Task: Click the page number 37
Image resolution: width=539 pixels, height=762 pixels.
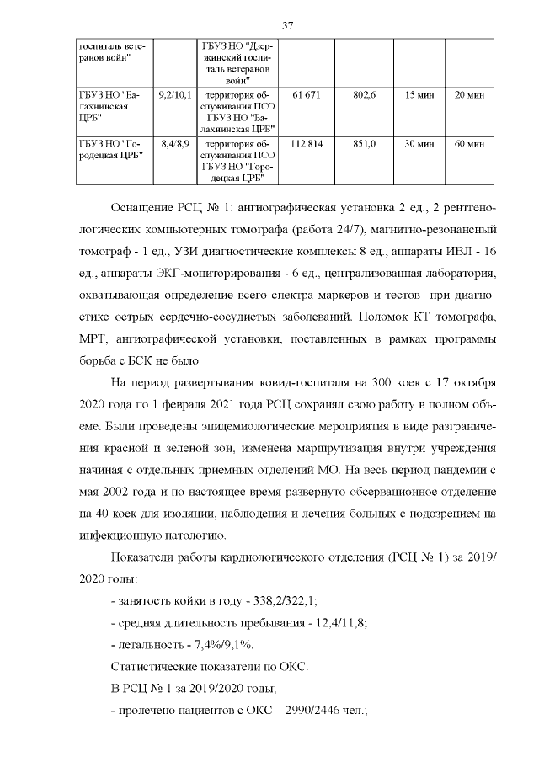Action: click(x=287, y=25)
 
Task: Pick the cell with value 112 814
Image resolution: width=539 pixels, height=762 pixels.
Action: click(x=307, y=144)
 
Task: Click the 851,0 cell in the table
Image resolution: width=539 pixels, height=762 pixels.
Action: click(x=364, y=144)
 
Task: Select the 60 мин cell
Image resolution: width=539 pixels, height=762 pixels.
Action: click(x=469, y=144)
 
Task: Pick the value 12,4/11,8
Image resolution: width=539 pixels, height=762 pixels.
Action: click(x=330, y=623)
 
